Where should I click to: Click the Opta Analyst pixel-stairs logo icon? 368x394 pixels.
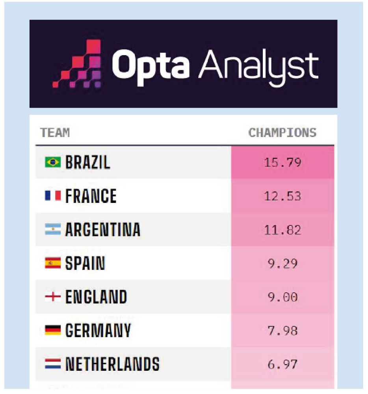pyautogui.click(x=78, y=64)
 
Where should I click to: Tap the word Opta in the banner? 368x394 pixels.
pyautogui.click(x=150, y=64)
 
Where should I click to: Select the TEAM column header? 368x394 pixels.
pyautogui.click(x=55, y=133)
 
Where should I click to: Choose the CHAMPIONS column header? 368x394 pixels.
pyautogui.click(x=282, y=133)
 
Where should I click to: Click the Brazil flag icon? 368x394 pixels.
pyautogui.click(x=53, y=162)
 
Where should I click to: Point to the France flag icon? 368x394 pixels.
pyautogui.click(x=53, y=196)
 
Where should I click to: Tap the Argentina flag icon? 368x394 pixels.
pyautogui.click(x=53, y=230)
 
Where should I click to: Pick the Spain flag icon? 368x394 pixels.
pyautogui.click(x=53, y=263)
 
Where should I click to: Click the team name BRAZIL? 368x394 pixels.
pyautogui.click(x=88, y=162)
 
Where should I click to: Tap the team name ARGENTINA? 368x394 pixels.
pyautogui.click(x=103, y=230)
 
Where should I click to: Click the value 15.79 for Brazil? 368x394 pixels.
pyautogui.click(x=282, y=162)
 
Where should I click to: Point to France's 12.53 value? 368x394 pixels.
pyautogui.click(x=282, y=196)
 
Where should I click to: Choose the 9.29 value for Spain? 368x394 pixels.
pyautogui.click(x=282, y=263)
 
